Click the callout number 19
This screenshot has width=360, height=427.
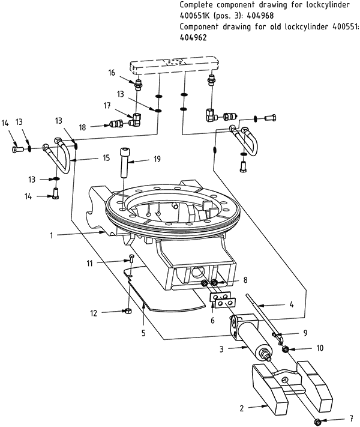pyautogui.click(x=157, y=159)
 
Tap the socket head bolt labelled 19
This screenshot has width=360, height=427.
pyautogui.click(x=124, y=162)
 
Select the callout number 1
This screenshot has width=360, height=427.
pyautogui.click(x=51, y=235)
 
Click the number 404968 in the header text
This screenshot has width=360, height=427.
pyautogui.click(x=260, y=16)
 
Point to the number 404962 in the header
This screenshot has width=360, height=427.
pyautogui.click(x=193, y=37)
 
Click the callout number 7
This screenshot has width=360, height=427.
pyautogui.click(x=351, y=418)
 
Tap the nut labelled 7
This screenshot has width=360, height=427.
pyautogui.click(x=317, y=422)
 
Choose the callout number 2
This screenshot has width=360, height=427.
pyautogui.click(x=242, y=408)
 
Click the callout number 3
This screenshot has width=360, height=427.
pyautogui.click(x=221, y=349)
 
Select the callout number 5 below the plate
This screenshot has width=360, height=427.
pyautogui.click(x=143, y=333)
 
